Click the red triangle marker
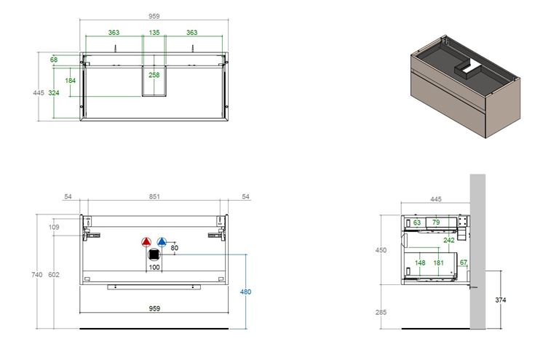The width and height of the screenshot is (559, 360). (146, 242)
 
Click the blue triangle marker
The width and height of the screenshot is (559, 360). (162, 242)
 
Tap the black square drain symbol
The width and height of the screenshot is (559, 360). (154, 255)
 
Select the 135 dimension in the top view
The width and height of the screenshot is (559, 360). (154, 33)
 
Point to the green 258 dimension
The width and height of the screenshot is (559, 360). (154, 75)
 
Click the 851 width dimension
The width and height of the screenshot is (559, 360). (154, 196)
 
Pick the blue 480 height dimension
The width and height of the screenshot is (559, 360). (245, 292)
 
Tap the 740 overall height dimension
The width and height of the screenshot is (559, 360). (36, 274)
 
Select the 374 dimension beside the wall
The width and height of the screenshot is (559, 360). (500, 300)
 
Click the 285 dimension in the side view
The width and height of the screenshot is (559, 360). (381, 312)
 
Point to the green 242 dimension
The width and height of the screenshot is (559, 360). (449, 240)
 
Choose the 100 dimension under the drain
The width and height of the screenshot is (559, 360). (154, 267)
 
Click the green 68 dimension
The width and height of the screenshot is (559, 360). (54, 60)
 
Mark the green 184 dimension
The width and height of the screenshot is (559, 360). (70, 81)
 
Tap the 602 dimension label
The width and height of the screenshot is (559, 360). (54, 274)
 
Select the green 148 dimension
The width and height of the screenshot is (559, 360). (420, 263)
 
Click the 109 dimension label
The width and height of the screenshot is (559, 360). (54, 227)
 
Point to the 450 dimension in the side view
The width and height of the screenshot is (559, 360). (381, 250)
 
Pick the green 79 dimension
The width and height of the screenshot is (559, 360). (436, 223)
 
